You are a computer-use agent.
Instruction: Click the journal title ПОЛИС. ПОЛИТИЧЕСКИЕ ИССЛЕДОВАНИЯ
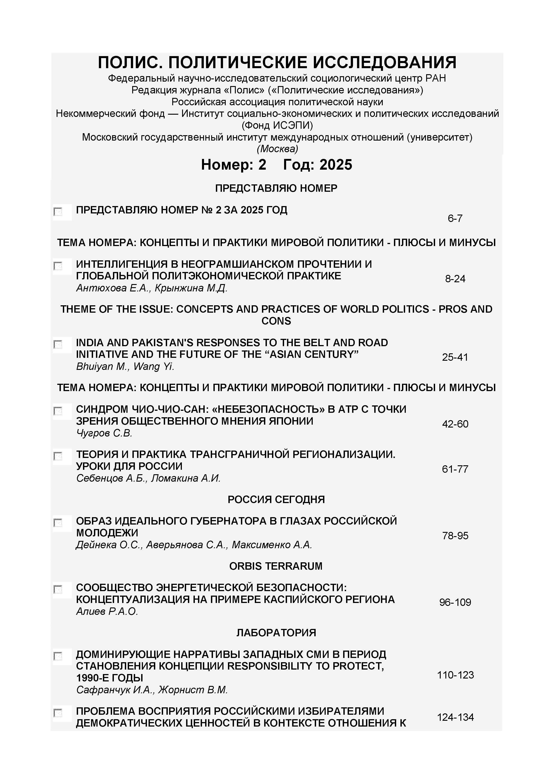[x=277, y=63]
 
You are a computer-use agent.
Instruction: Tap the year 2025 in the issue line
[x=336, y=165]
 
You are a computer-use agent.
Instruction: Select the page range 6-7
[x=455, y=219]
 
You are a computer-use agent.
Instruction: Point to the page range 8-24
[x=455, y=279]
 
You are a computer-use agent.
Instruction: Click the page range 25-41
[x=455, y=357]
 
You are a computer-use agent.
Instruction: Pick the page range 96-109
[x=455, y=602]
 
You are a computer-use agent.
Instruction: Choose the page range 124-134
[x=455, y=717]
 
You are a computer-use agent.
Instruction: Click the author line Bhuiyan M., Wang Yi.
[x=125, y=367]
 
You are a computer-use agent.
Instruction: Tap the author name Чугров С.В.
[x=104, y=433]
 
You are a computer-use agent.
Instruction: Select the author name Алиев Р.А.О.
[x=107, y=611]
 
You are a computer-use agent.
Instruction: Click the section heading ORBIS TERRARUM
[x=276, y=566]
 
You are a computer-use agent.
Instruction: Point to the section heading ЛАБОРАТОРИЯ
[x=276, y=633]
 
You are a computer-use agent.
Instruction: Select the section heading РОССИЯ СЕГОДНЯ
[x=276, y=499]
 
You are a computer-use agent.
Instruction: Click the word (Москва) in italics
[x=277, y=149]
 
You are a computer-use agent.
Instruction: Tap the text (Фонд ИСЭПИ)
[x=277, y=126]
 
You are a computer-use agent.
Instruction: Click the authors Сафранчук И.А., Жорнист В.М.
[x=152, y=690]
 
